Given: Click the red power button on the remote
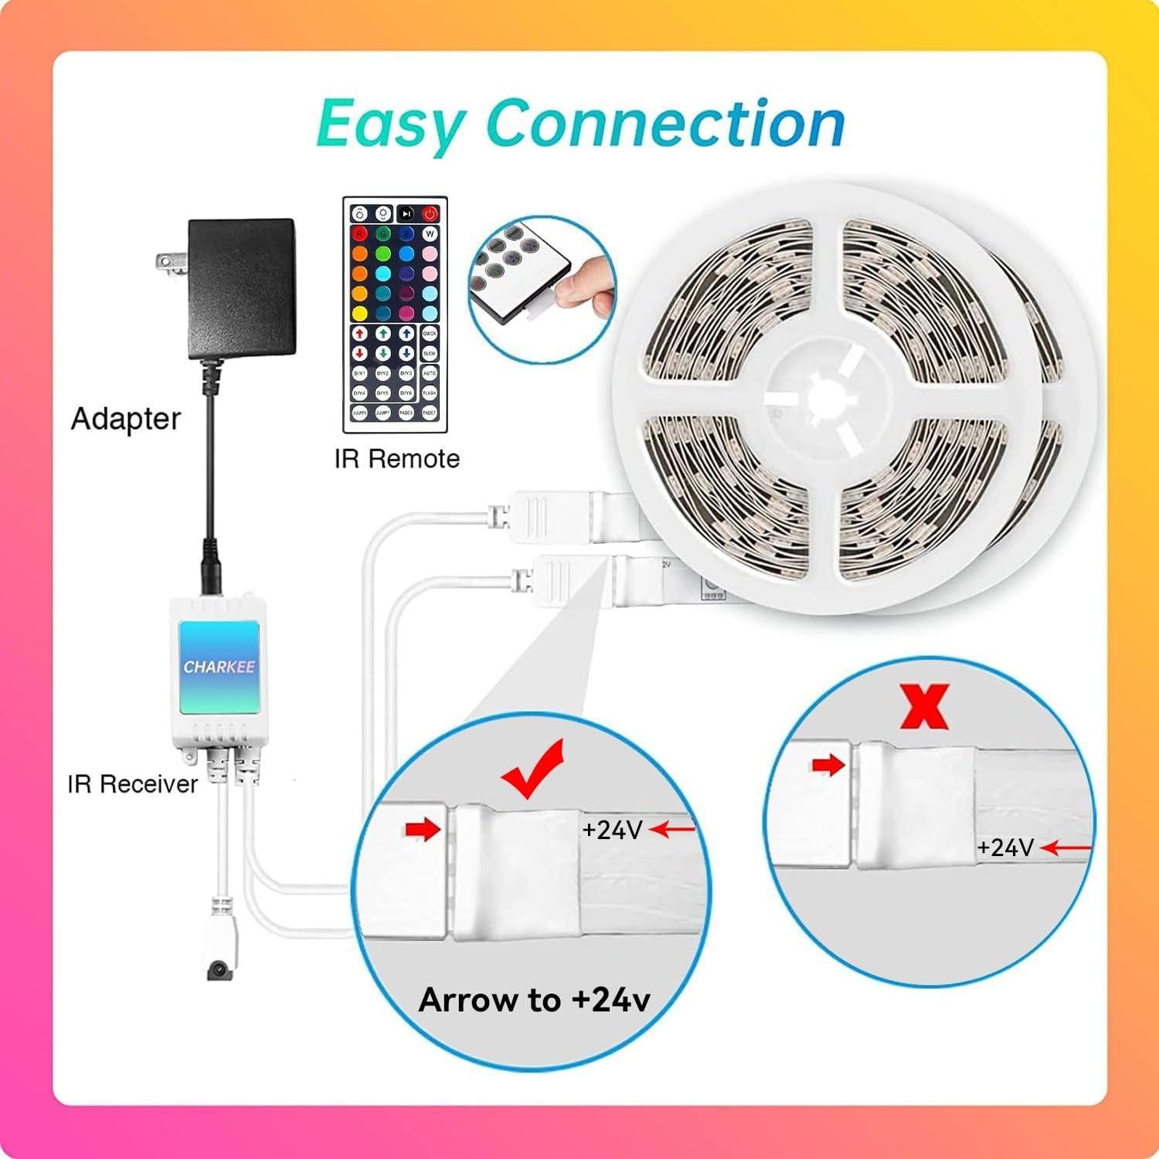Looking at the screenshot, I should click(430, 214).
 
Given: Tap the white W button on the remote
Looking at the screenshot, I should click(430, 233).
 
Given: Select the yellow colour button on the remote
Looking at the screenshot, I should click(359, 314).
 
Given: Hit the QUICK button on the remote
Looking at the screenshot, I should click(430, 334).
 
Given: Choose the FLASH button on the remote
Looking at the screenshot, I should click(430, 393).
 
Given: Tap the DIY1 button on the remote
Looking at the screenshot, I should click(359, 373).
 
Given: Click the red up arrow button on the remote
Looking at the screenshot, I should click(359, 334).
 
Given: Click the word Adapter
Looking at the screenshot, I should click(125, 419).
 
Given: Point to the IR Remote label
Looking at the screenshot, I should click(397, 459).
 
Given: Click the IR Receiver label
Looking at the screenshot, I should click(133, 784).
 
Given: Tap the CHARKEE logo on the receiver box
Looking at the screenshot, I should click(219, 667).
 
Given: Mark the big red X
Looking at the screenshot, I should click(925, 709).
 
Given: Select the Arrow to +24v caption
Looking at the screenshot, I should click(534, 1000).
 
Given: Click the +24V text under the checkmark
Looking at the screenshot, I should click(613, 830).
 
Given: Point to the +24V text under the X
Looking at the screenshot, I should click(1005, 848).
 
